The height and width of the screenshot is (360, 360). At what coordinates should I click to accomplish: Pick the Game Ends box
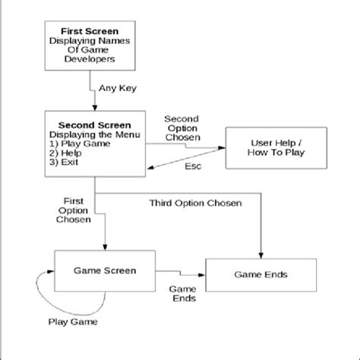[261, 273]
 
